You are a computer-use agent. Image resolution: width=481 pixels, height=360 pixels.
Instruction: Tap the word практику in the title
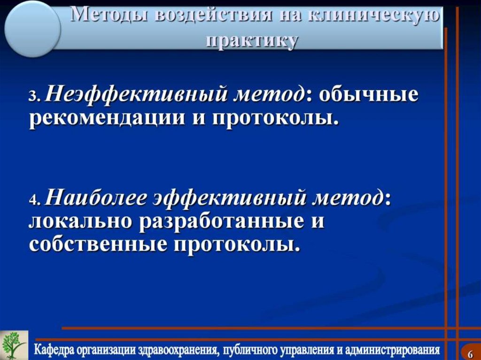(x=252, y=41)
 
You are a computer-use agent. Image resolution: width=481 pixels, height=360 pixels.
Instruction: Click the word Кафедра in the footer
(x=56, y=350)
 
